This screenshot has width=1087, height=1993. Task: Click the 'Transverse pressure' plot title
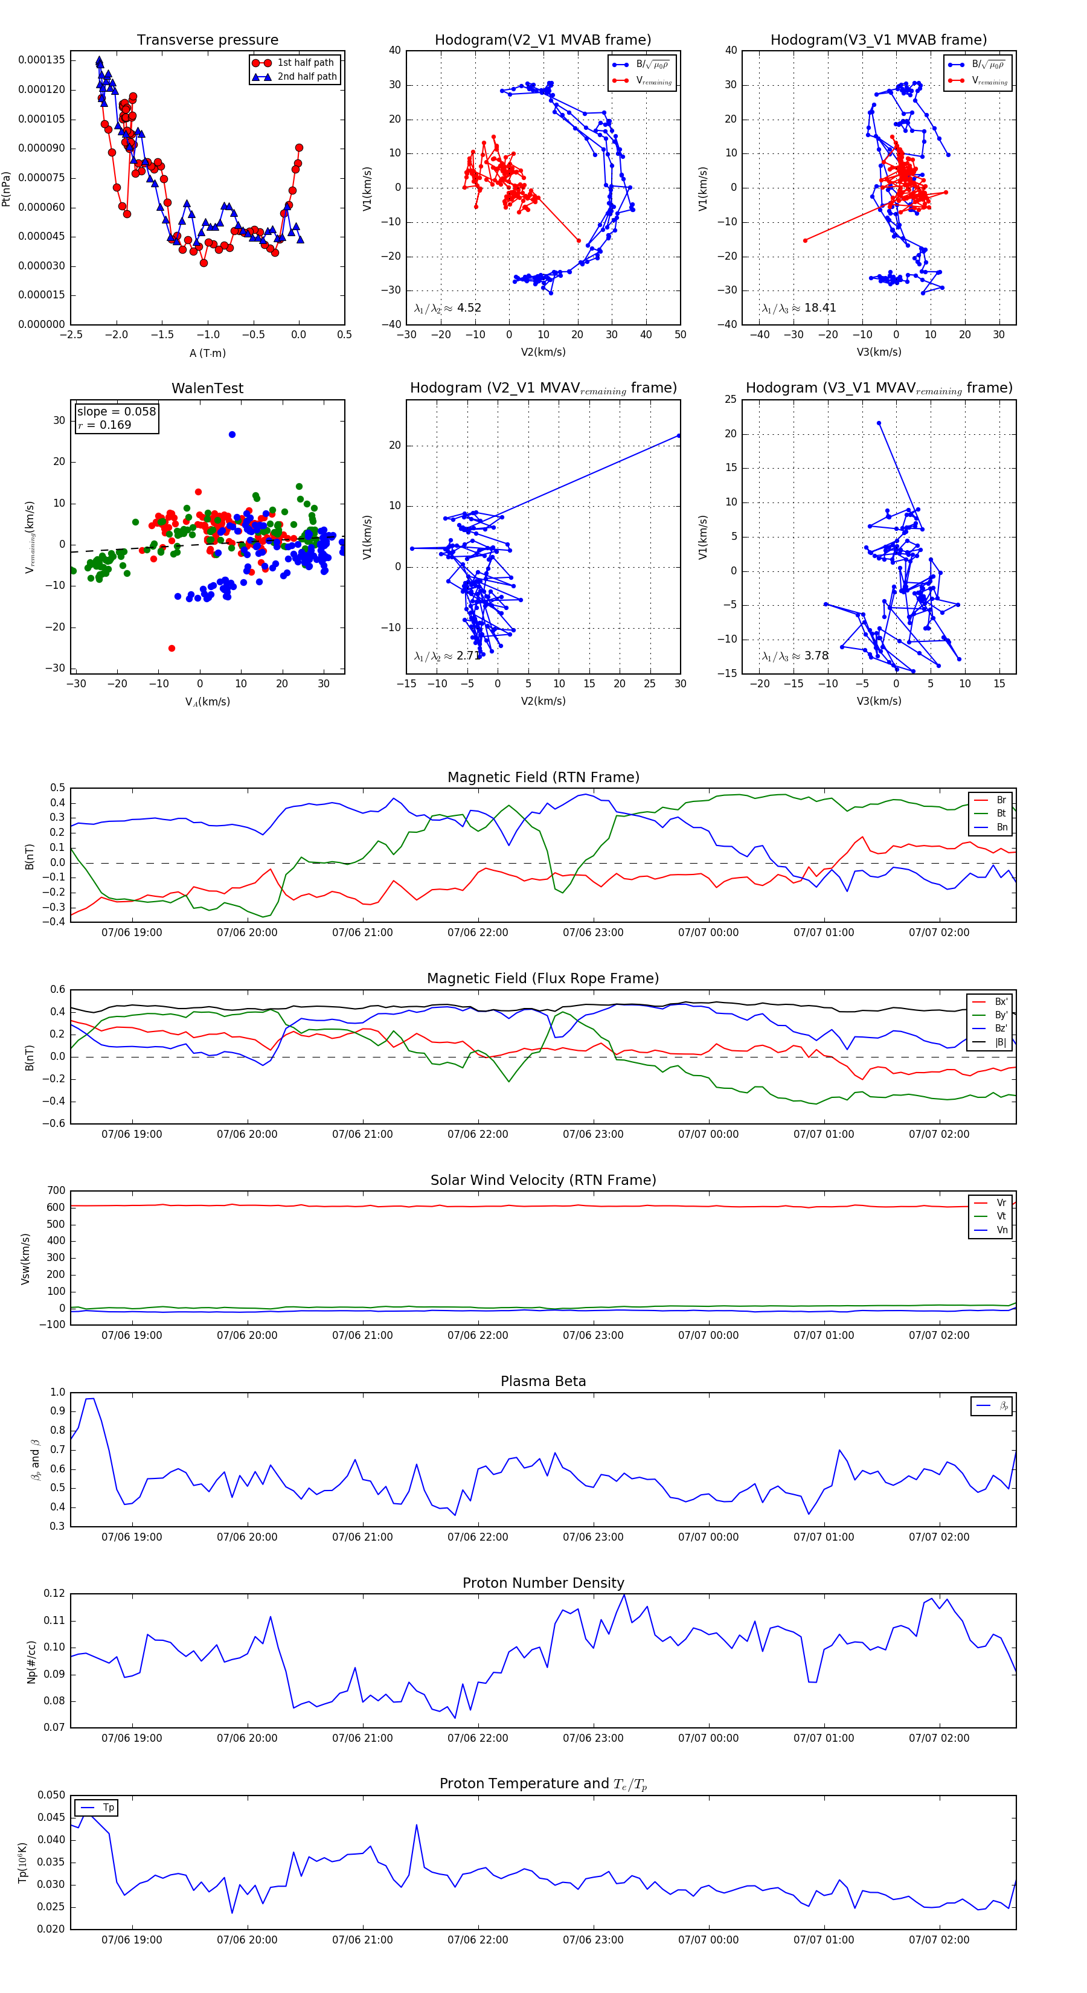click(x=207, y=40)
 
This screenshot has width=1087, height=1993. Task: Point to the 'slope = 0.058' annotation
click(x=116, y=412)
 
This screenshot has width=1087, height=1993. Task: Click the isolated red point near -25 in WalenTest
click(x=172, y=649)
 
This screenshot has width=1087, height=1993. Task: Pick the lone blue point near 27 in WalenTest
click(x=232, y=435)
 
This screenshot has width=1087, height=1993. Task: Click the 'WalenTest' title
click(x=207, y=388)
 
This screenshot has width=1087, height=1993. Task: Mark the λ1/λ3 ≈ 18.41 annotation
click(x=799, y=308)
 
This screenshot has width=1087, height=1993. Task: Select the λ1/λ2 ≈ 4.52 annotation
click(x=447, y=308)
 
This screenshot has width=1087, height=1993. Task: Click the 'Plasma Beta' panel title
click(x=543, y=1381)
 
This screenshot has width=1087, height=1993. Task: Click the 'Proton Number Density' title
click(x=543, y=1582)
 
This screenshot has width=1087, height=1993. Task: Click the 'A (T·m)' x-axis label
click(x=207, y=353)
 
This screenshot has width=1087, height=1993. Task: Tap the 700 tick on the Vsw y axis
click(x=56, y=1191)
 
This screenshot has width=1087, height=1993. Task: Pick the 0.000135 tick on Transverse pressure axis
click(x=42, y=60)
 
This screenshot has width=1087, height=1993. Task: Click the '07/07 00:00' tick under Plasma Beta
click(x=708, y=1536)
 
